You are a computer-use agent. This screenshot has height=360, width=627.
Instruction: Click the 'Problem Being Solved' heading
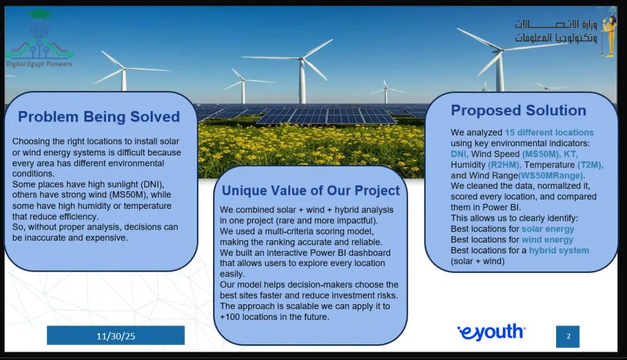coord(99,117)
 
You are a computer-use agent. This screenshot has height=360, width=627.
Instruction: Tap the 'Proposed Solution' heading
coord(519,110)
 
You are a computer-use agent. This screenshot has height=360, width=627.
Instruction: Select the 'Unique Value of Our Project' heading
coord(311,191)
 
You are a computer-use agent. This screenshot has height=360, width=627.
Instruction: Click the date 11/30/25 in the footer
coord(115,336)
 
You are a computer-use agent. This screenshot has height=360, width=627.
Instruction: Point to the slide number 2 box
coord(568,336)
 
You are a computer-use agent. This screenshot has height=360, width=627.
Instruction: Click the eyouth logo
coord(492,332)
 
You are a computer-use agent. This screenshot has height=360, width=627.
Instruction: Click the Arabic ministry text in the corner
coord(556,31)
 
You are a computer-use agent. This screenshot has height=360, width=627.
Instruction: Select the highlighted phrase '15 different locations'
coord(549,132)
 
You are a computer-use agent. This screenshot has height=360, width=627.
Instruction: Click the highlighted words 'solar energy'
coord(548,229)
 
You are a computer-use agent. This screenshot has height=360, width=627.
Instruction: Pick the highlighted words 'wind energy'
coord(547,240)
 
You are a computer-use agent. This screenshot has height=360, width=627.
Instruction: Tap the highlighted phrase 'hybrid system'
coord(559,250)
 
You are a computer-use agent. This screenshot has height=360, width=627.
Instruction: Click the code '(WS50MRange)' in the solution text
coord(551,176)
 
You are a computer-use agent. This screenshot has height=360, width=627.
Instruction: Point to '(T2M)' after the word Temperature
coord(590,165)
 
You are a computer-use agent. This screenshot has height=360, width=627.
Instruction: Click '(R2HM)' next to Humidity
coord(504,165)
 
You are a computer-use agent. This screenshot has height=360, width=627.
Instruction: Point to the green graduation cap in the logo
coord(40,15)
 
